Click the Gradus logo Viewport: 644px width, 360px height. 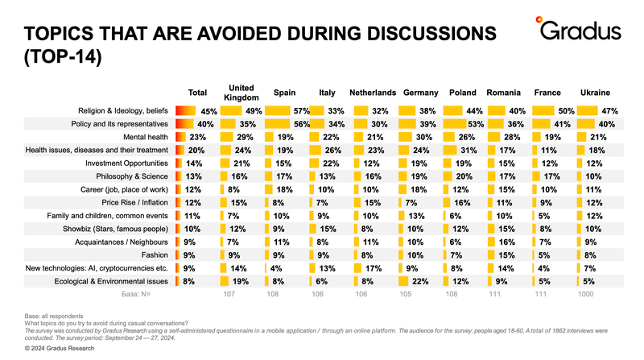tap(578, 29)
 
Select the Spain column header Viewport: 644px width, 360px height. tap(285, 93)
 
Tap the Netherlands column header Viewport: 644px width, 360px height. tap(373, 93)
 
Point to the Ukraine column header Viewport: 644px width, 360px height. tap(595, 93)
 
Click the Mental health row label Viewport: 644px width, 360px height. tap(146, 137)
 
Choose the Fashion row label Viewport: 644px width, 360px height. tap(155, 255)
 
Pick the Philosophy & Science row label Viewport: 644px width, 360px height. tap(132, 176)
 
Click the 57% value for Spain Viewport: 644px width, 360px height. tap(301, 111)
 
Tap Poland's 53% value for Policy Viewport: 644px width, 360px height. tap(476, 124)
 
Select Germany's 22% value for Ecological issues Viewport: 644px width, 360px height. tap(419, 282)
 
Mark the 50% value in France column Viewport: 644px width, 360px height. tap(566, 111)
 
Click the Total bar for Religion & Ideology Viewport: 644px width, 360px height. tap(186, 110)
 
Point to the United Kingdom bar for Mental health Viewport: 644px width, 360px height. tap(227, 137)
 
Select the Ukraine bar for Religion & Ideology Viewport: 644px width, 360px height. tap(588, 110)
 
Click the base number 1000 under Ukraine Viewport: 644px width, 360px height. tap(585, 294)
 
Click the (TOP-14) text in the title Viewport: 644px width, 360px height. tap(63, 56)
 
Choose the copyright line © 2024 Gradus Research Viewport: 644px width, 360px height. tap(60, 348)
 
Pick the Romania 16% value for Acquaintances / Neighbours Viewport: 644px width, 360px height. tap(506, 242)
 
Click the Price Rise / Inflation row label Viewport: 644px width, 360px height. tap(134, 203)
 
